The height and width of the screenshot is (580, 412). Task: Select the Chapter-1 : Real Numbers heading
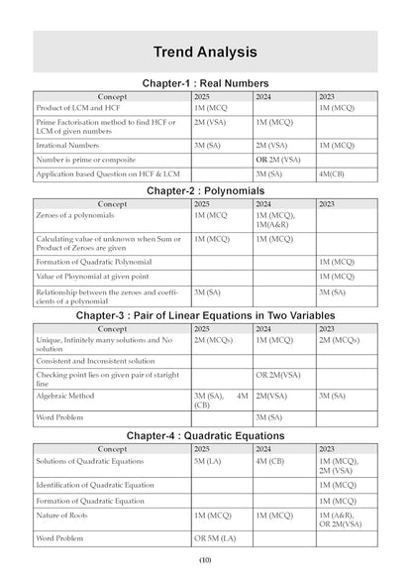coord(206,83)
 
